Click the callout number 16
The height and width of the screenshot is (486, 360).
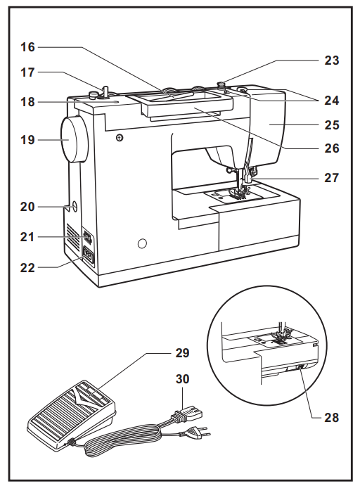(x=26, y=48)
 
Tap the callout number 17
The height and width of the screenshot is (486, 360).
(x=26, y=72)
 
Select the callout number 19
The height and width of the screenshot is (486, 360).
(x=26, y=140)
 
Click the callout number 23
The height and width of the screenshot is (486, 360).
(x=331, y=60)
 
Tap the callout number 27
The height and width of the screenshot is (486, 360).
(x=331, y=178)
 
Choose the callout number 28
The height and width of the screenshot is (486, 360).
(x=331, y=417)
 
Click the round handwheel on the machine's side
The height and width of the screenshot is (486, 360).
(x=73, y=140)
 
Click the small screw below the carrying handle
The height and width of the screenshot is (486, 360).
(x=121, y=136)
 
